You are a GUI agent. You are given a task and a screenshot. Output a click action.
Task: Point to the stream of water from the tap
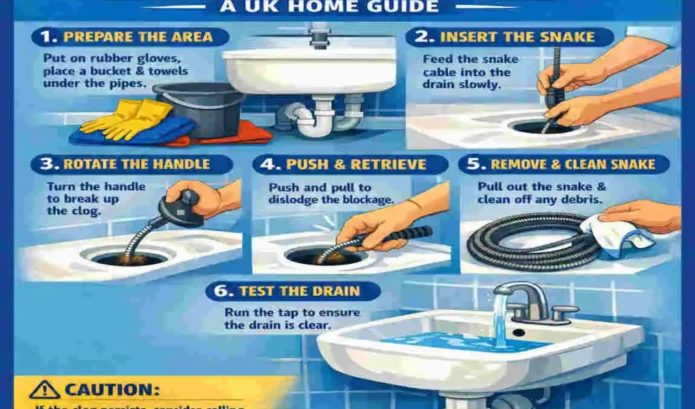point(501,320)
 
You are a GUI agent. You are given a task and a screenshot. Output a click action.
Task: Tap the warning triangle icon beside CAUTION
point(44,390)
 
